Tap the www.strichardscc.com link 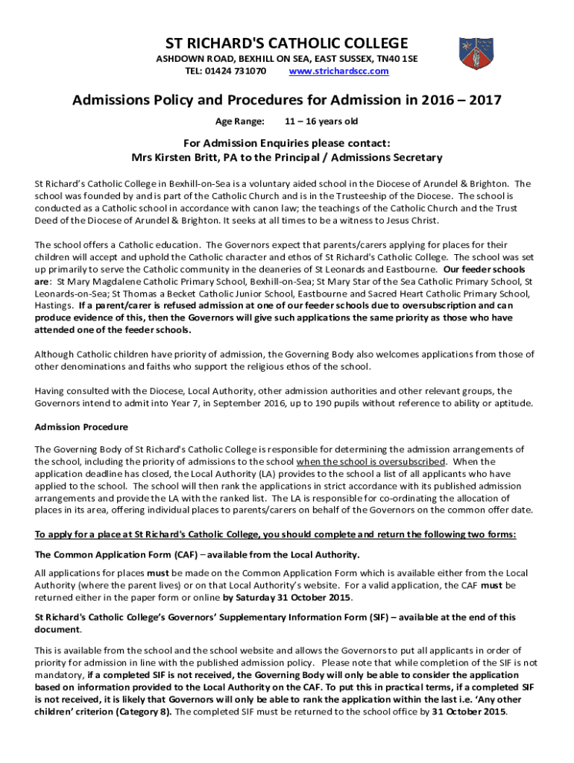[x=338, y=71]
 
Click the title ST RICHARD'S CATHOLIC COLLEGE [x=286, y=42]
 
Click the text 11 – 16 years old [x=321, y=120]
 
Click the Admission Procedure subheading [x=81, y=427]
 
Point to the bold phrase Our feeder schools [x=485, y=269]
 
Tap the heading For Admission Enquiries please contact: [x=286, y=143]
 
